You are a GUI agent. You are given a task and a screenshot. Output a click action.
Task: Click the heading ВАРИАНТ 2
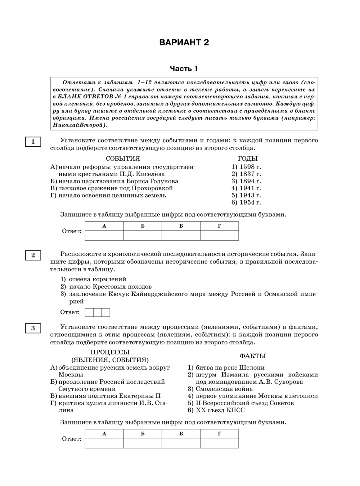coord(184,43)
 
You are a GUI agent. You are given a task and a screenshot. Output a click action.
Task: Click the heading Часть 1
coord(184,68)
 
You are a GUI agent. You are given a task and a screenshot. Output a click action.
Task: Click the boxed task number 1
coord(33,142)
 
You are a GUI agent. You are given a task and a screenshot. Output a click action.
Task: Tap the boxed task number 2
coord(33,255)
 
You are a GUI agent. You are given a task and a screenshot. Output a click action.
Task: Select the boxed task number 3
coord(33,328)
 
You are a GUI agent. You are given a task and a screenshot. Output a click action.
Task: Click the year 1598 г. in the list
coord(246,167)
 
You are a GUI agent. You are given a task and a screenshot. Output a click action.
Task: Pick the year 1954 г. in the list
coord(246,202)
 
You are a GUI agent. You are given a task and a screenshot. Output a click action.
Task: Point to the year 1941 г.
coord(246,188)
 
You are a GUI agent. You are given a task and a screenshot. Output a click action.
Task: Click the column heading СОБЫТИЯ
coord(123,159)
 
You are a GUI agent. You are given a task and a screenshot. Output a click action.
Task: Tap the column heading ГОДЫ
coord(248,159)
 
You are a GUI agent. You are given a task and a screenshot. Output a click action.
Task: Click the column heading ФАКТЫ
coord(252,356)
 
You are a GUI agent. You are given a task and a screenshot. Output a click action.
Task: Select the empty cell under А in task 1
coord(104,235)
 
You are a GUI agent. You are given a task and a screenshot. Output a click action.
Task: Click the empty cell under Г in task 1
coord(219,235)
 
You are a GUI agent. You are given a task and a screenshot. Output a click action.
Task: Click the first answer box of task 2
coord(89,312)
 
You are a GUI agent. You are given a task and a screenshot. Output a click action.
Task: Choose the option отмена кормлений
coord(98,279)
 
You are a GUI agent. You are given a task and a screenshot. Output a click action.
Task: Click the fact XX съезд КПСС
coord(220,410)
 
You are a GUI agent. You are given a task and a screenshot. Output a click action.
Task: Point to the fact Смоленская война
coord(224,389)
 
